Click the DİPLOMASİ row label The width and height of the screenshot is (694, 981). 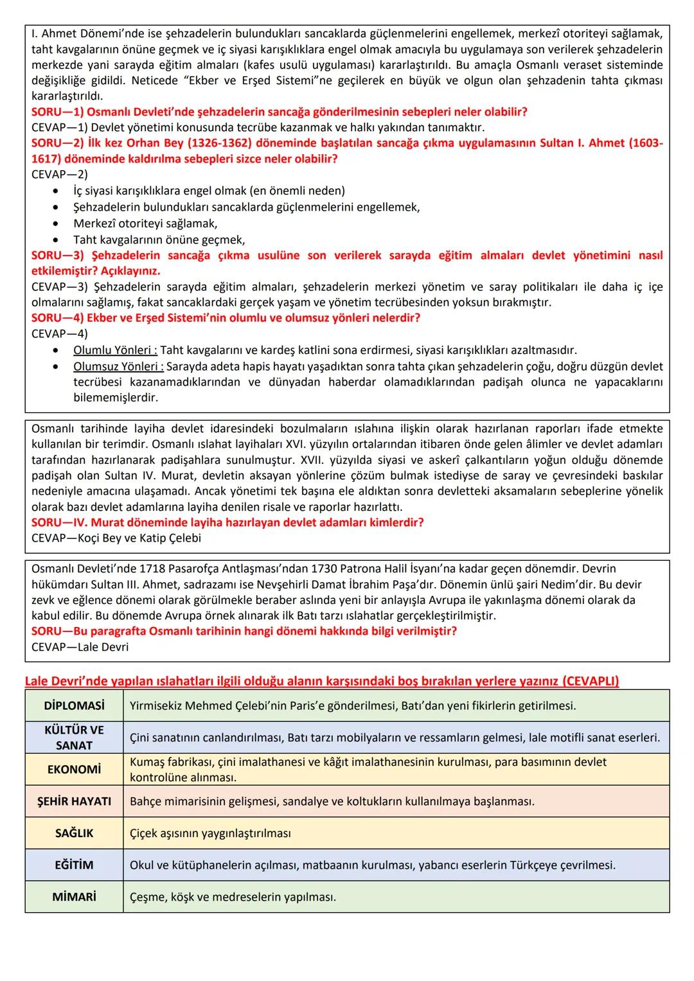(x=74, y=705)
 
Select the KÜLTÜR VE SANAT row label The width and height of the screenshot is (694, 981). (x=74, y=738)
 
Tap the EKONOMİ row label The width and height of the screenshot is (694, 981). (x=74, y=770)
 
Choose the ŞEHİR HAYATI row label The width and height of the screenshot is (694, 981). (x=74, y=801)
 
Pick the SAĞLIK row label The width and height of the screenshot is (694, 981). (x=74, y=833)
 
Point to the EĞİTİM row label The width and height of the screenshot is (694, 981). (x=74, y=865)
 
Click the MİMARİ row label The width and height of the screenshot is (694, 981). (x=74, y=897)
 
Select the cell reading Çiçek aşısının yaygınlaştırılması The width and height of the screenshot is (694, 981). (x=210, y=833)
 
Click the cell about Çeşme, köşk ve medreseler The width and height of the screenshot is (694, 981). (x=233, y=897)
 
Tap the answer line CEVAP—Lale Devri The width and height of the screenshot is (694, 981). (x=80, y=647)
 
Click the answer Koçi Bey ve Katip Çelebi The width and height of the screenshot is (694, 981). (x=116, y=538)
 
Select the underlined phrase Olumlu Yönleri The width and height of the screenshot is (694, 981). (x=115, y=350)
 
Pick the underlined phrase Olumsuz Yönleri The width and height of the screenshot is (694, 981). (x=118, y=366)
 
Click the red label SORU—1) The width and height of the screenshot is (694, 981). (x=58, y=112)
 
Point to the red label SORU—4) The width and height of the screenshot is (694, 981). (x=58, y=318)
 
